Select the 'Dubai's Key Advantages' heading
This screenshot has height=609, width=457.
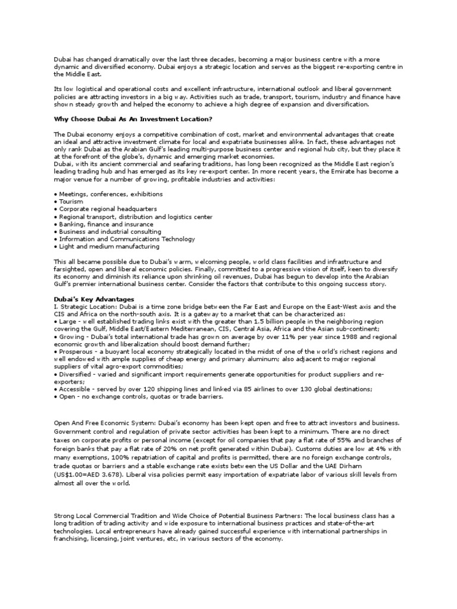click(94, 299)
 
